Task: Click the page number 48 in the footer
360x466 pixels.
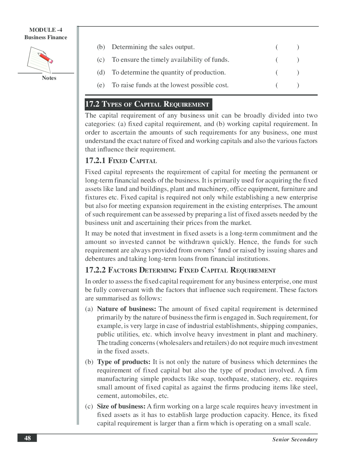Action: click(x=27, y=438)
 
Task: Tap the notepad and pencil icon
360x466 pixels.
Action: click(x=40, y=59)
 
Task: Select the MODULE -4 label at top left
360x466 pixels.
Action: click(x=46, y=30)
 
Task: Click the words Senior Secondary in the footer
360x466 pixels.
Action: click(x=295, y=440)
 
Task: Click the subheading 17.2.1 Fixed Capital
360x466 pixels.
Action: click(x=121, y=161)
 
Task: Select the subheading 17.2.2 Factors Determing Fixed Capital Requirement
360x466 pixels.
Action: click(x=180, y=270)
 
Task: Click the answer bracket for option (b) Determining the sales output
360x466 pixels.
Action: click(x=287, y=47)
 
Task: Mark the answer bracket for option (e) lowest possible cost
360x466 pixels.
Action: click(x=287, y=85)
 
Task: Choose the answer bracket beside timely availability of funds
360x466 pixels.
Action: click(x=287, y=60)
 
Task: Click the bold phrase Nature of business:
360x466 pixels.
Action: click(x=126, y=309)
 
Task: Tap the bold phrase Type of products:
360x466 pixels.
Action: click(x=124, y=362)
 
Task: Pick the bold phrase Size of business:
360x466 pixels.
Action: click(x=121, y=406)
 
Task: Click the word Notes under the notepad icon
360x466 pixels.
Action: click(x=49, y=78)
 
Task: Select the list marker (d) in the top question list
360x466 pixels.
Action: click(x=101, y=72)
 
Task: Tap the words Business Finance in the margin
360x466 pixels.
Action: click(x=46, y=37)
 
